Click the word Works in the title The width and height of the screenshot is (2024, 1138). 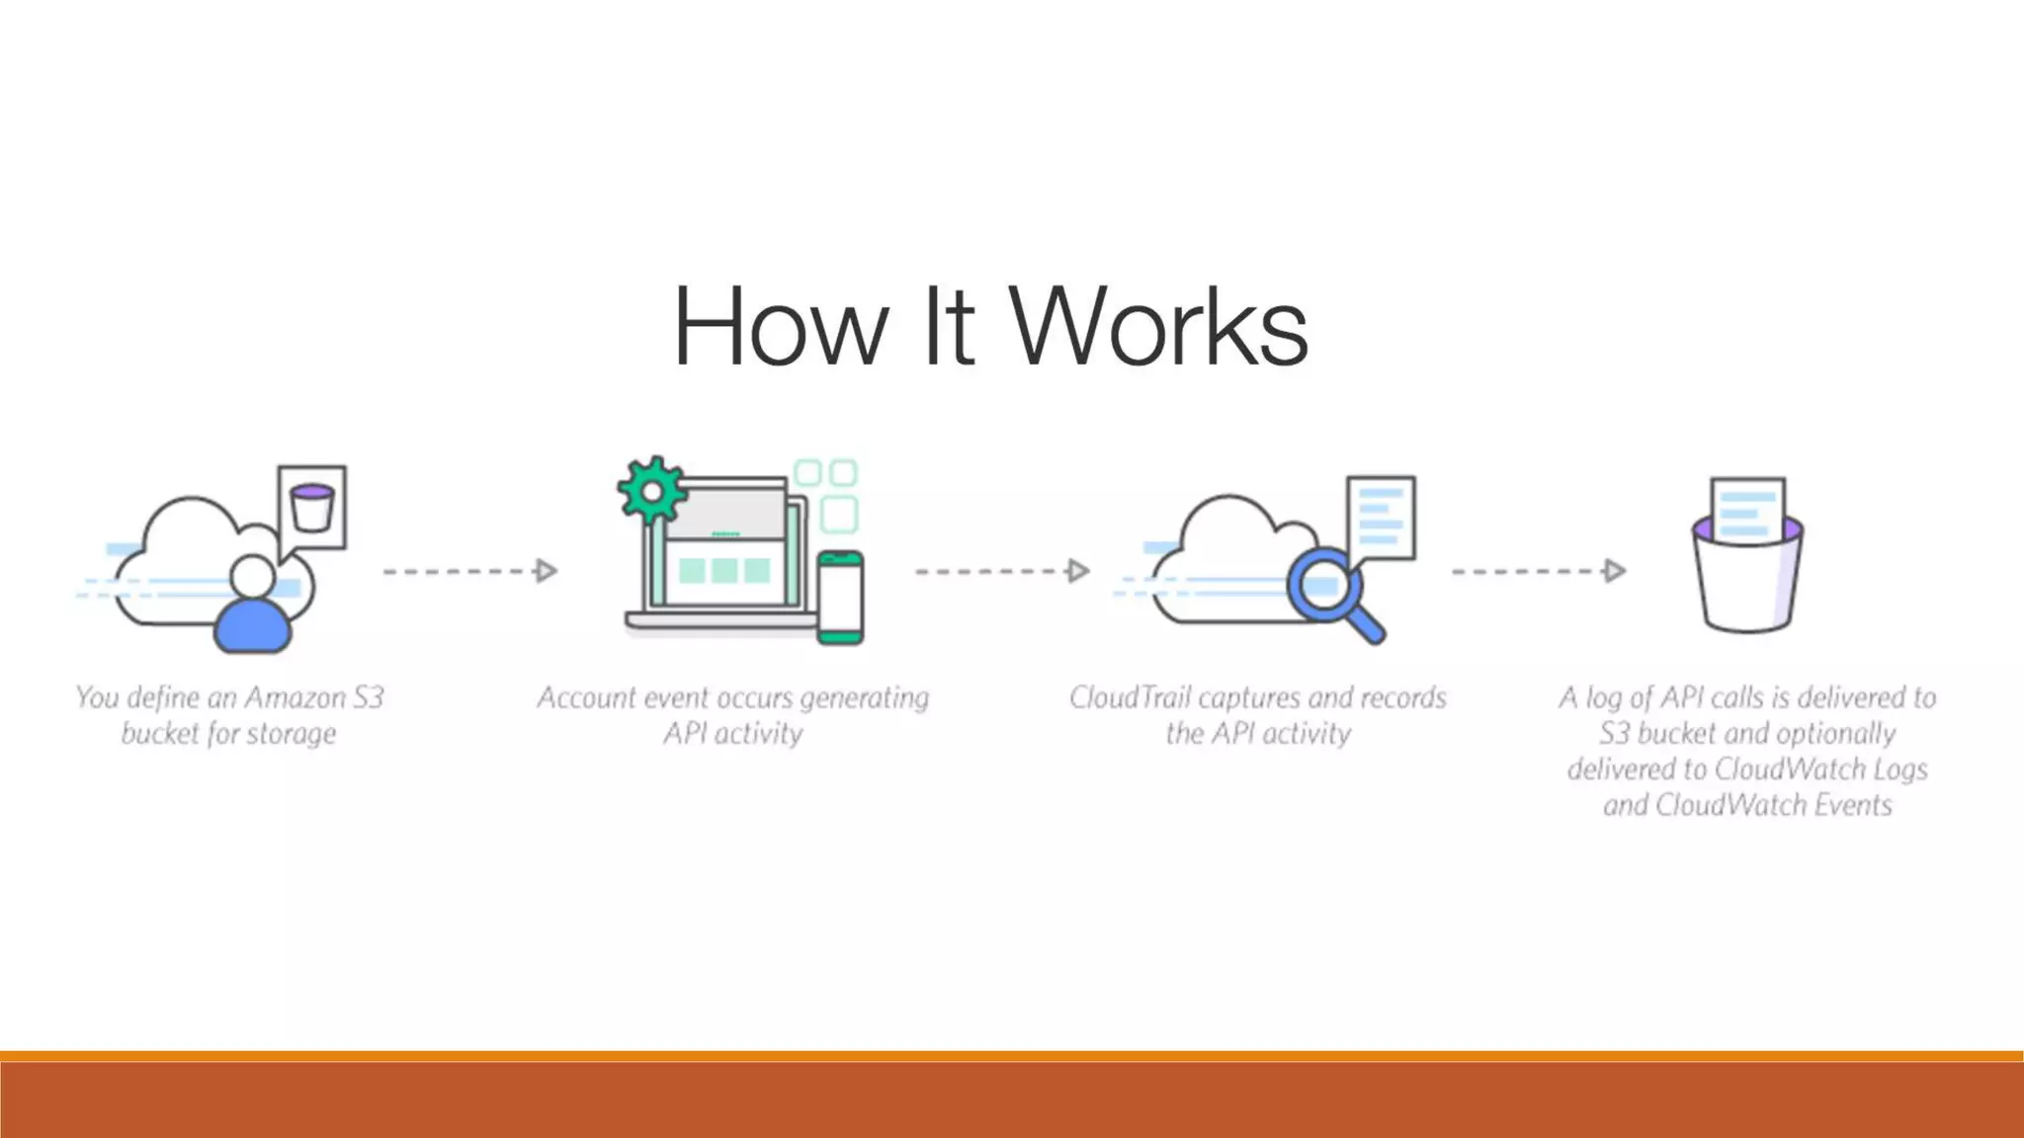click(x=1158, y=326)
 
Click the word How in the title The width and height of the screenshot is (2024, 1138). click(x=780, y=326)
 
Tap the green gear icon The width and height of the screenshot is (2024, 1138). click(x=651, y=490)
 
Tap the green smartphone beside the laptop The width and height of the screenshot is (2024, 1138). click(x=840, y=598)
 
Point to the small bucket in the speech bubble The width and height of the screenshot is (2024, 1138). click(x=312, y=507)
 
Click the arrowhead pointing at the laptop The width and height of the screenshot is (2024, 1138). click(x=546, y=571)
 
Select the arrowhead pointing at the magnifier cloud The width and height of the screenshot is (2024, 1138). click(x=1078, y=571)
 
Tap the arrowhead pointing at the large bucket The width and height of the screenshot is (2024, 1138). click(x=1614, y=571)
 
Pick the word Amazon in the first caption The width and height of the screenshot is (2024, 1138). click(x=294, y=698)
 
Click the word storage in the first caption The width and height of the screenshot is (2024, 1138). click(x=292, y=734)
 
